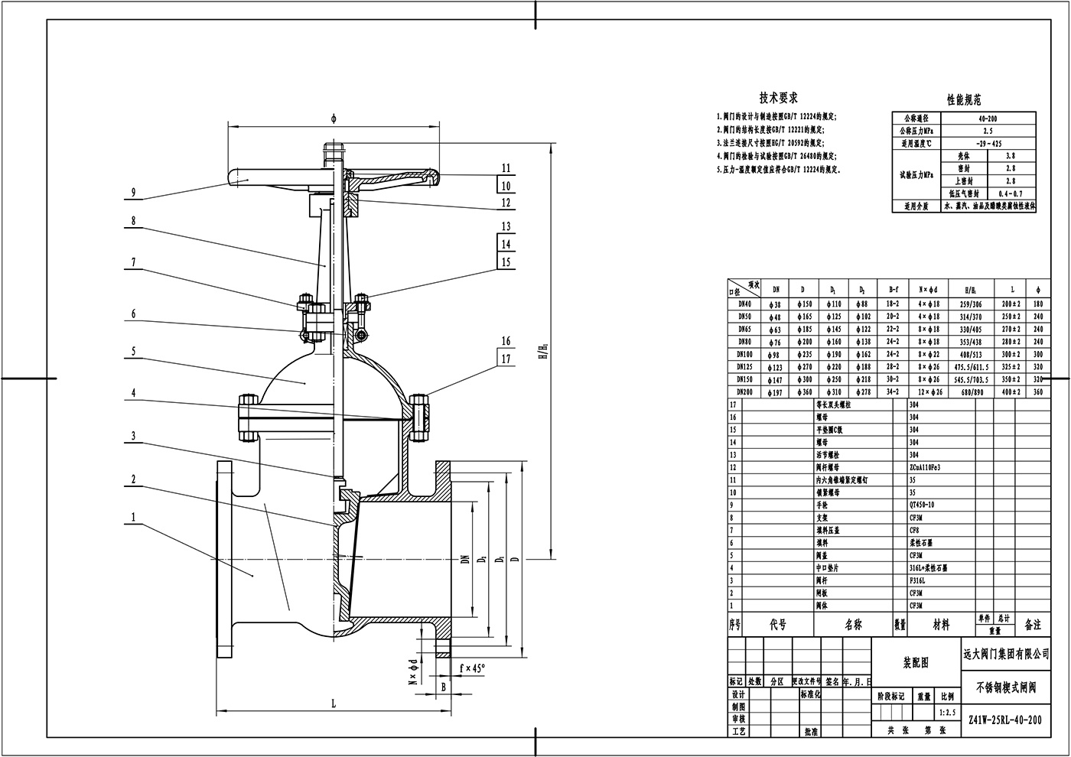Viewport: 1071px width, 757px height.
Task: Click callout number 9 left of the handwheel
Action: (133, 192)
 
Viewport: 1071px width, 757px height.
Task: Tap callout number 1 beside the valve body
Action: (133, 518)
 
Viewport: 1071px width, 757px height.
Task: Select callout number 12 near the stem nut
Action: (506, 203)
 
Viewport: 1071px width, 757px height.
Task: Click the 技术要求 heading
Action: (779, 98)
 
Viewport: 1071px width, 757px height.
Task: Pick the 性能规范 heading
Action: (964, 99)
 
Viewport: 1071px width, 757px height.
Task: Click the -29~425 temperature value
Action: (988, 143)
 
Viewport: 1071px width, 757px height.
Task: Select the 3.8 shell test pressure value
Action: (1011, 155)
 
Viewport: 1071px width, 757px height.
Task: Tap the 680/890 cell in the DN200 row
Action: (971, 391)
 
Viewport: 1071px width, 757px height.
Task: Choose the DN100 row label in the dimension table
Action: (744, 354)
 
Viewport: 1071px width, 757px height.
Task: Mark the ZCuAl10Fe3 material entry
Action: (925, 467)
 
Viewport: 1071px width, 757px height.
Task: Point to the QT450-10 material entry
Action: (920, 505)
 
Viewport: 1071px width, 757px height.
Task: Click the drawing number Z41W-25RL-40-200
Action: (1004, 720)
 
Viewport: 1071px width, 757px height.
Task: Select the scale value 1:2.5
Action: (947, 713)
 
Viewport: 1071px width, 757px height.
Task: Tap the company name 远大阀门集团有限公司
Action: (1005, 654)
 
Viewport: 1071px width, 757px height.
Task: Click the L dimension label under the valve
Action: (334, 703)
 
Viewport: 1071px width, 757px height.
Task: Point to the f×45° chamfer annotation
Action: (472, 668)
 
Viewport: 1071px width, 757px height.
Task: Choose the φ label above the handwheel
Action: (334, 119)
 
